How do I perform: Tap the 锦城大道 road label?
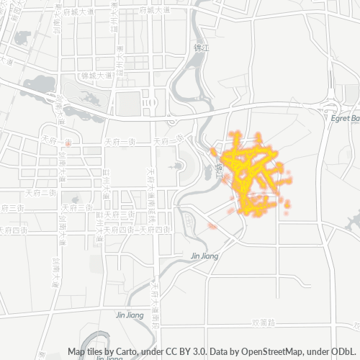coord(91,75)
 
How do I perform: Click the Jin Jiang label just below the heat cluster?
coord(204,256)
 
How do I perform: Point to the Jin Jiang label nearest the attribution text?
coord(130,315)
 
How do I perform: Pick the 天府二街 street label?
coord(41,193)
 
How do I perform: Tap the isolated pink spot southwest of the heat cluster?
coord(212,226)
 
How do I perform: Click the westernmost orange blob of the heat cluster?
coord(214,151)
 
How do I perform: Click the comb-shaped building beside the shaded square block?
coord(149,104)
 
